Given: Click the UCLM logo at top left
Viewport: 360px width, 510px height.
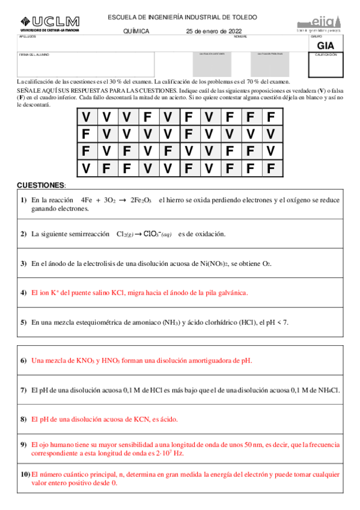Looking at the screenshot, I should pos(48,23).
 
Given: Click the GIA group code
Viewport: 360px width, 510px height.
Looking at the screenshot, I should pos(326,45).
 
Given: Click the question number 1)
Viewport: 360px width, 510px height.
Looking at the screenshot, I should pos(23,200).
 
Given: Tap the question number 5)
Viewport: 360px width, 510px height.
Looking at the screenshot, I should pos(23,322).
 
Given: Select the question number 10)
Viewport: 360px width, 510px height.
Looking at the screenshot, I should pos(25,475).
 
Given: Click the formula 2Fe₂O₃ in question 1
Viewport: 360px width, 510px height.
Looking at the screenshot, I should pos(141,200).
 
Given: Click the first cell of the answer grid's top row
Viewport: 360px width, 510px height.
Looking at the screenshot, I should pos(87,116).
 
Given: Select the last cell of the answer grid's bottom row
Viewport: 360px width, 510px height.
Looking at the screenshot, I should pos(270,168).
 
